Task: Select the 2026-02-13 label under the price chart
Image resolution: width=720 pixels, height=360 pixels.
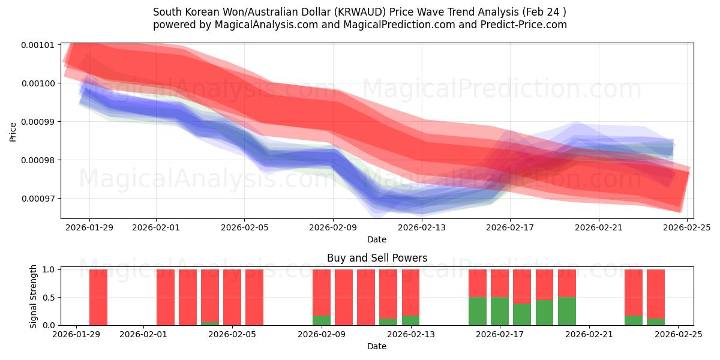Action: tap(422, 227)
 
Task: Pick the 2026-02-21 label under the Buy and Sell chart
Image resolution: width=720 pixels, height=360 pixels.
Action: tap(589, 334)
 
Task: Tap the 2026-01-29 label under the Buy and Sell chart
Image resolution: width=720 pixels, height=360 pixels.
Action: tap(77, 334)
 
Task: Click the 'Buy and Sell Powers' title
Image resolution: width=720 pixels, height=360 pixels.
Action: tap(377, 258)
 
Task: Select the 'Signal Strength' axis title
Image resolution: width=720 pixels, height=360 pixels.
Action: tap(34, 296)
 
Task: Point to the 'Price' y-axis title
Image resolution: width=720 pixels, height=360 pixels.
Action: tap(13, 132)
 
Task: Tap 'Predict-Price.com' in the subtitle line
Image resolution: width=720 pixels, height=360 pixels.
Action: tap(526, 25)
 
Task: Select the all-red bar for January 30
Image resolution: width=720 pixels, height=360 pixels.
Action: tap(98, 297)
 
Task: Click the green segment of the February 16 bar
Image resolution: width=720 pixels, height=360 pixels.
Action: tap(478, 311)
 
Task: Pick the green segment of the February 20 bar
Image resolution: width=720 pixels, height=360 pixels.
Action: tap(567, 311)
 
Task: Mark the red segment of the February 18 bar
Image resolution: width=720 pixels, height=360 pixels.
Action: tap(522, 286)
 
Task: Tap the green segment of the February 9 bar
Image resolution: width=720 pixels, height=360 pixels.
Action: tap(322, 320)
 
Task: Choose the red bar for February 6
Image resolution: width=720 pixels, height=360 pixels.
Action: tap(254, 297)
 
